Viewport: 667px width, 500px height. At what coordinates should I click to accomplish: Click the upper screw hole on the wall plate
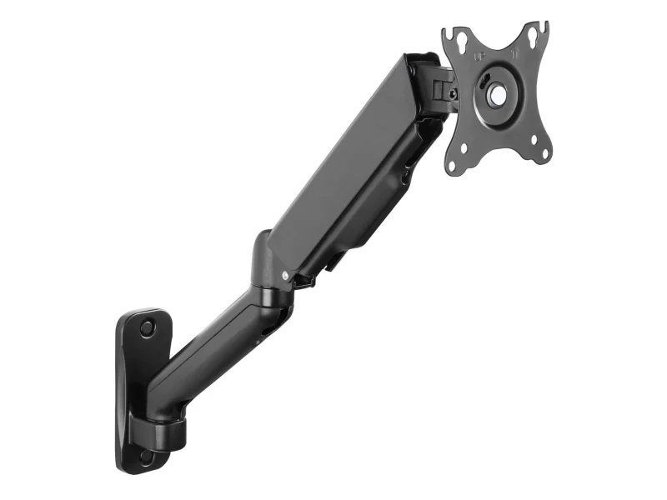(x=147, y=327)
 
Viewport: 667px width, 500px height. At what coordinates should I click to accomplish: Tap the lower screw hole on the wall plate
(x=146, y=457)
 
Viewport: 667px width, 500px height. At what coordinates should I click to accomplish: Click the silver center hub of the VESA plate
(x=497, y=95)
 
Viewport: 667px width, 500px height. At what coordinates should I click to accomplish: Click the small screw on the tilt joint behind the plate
(x=453, y=94)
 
